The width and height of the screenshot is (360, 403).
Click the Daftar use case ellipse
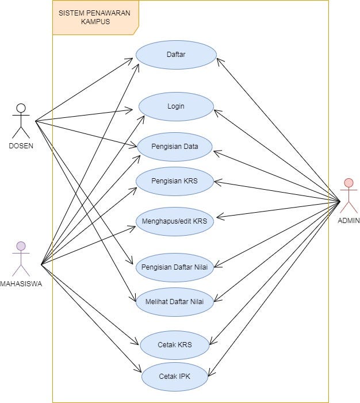[176, 55]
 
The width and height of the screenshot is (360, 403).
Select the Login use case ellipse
[176, 106]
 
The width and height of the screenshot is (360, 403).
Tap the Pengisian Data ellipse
[175, 146]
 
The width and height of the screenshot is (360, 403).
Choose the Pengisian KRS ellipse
[175, 181]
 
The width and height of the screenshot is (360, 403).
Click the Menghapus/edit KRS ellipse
[175, 221]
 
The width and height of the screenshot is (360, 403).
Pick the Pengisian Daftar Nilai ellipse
[175, 266]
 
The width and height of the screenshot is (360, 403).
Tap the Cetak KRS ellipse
[175, 345]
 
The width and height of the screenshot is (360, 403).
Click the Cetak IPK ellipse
[175, 376]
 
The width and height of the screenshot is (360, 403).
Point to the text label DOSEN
[21, 145]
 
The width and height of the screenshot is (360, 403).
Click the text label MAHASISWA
[21, 283]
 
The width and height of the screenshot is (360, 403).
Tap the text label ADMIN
[348, 220]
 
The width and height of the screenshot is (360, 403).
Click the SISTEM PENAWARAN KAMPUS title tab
[95, 18]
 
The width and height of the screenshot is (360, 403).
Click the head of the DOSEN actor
[21, 108]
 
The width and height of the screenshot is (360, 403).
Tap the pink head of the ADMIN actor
[348, 183]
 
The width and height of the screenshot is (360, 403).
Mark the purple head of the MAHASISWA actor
[21, 246]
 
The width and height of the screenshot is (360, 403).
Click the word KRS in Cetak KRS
[184, 345]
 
